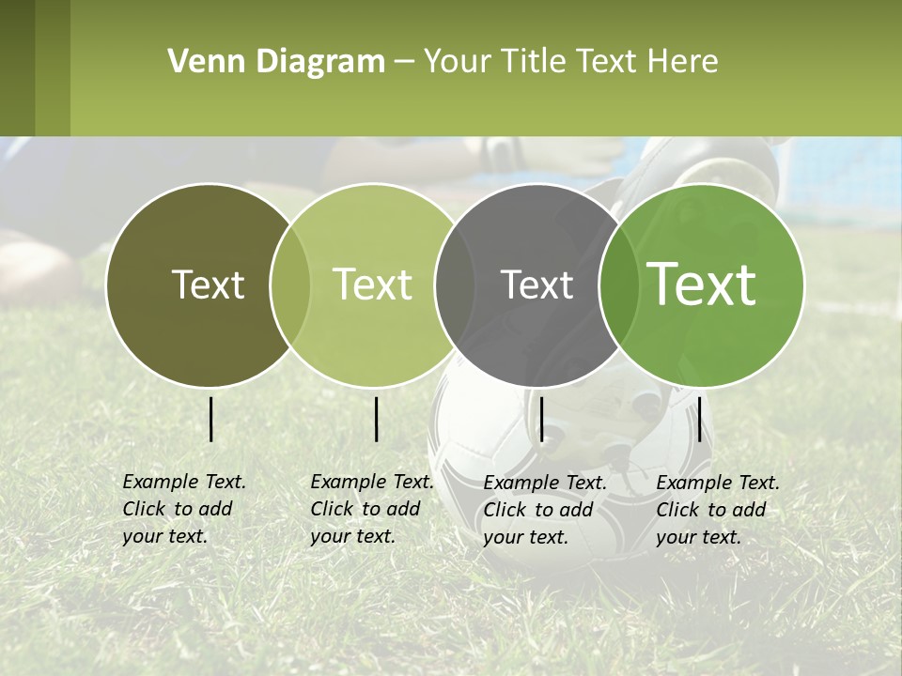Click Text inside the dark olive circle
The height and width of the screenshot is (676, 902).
tap(208, 285)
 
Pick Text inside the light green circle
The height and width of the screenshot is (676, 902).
tap(372, 285)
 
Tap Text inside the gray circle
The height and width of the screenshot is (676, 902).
tap(537, 285)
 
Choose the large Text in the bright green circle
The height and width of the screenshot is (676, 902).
tap(701, 285)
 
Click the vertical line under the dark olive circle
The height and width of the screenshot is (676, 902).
tap(211, 419)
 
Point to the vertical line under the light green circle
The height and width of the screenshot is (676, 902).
tap(376, 419)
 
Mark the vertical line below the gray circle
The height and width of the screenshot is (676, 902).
tap(541, 419)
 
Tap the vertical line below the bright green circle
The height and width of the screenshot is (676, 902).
tap(699, 419)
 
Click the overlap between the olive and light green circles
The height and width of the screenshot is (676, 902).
tap(290, 285)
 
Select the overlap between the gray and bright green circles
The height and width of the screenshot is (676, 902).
tap(613, 285)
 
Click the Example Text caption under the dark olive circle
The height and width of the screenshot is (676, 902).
tap(183, 509)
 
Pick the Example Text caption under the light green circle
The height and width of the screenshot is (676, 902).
tap(371, 509)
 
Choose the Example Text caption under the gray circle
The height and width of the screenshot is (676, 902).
tap(544, 510)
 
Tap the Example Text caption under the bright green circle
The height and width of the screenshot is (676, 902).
tap(717, 510)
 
